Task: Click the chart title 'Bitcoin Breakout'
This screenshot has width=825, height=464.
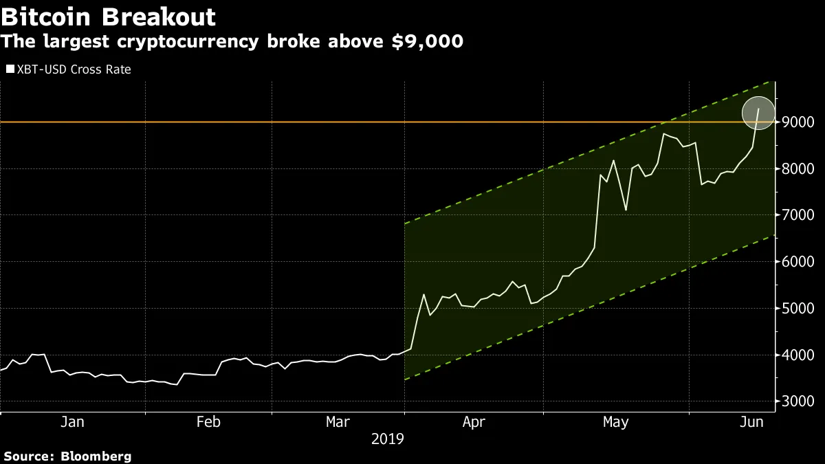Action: [109, 16]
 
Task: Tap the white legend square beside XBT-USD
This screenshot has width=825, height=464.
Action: [10, 69]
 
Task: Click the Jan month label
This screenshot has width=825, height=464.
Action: [72, 422]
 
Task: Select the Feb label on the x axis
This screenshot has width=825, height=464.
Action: [208, 422]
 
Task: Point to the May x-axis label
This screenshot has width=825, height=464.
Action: [615, 422]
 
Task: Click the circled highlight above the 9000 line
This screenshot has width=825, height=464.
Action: [758, 113]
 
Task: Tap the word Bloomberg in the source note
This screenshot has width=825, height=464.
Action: [96, 456]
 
